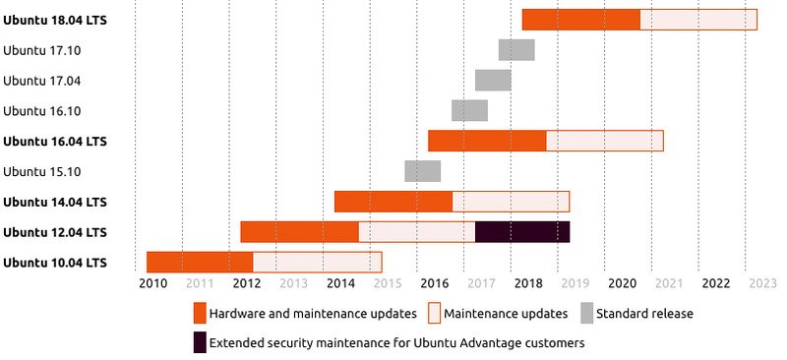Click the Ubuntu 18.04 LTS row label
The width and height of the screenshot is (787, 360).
tap(55, 19)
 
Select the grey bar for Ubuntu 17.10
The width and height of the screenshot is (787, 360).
tap(516, 49)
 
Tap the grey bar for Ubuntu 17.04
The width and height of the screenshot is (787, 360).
tap(493, 80)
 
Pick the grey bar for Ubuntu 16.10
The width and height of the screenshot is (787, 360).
tap(469, 110)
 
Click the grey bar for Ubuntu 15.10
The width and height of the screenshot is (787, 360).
tap(422, 171)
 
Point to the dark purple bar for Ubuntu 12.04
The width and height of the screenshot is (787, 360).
tap(522, 232)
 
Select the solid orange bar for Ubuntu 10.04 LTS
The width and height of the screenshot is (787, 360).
tap(200, 263)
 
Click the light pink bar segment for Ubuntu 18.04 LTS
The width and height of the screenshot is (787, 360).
tap(698, 19)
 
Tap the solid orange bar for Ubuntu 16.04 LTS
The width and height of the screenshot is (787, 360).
tap(487, 141)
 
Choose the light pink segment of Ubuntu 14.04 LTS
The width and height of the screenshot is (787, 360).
tap(511, 202)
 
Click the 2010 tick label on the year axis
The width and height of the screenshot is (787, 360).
tap(152, 283)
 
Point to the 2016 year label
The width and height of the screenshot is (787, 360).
tap(435, 283)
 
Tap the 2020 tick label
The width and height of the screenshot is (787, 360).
tap(622, 283)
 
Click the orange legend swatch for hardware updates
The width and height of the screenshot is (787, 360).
tap(200, 314)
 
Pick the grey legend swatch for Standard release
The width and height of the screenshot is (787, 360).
tap(586, 314)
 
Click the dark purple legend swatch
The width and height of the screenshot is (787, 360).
tap(200, 343)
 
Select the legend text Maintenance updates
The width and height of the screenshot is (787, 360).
tap(506, 314)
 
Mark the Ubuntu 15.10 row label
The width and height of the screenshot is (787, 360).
tap(42, 171)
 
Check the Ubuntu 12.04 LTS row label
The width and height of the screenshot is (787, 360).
tap(55, 232)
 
